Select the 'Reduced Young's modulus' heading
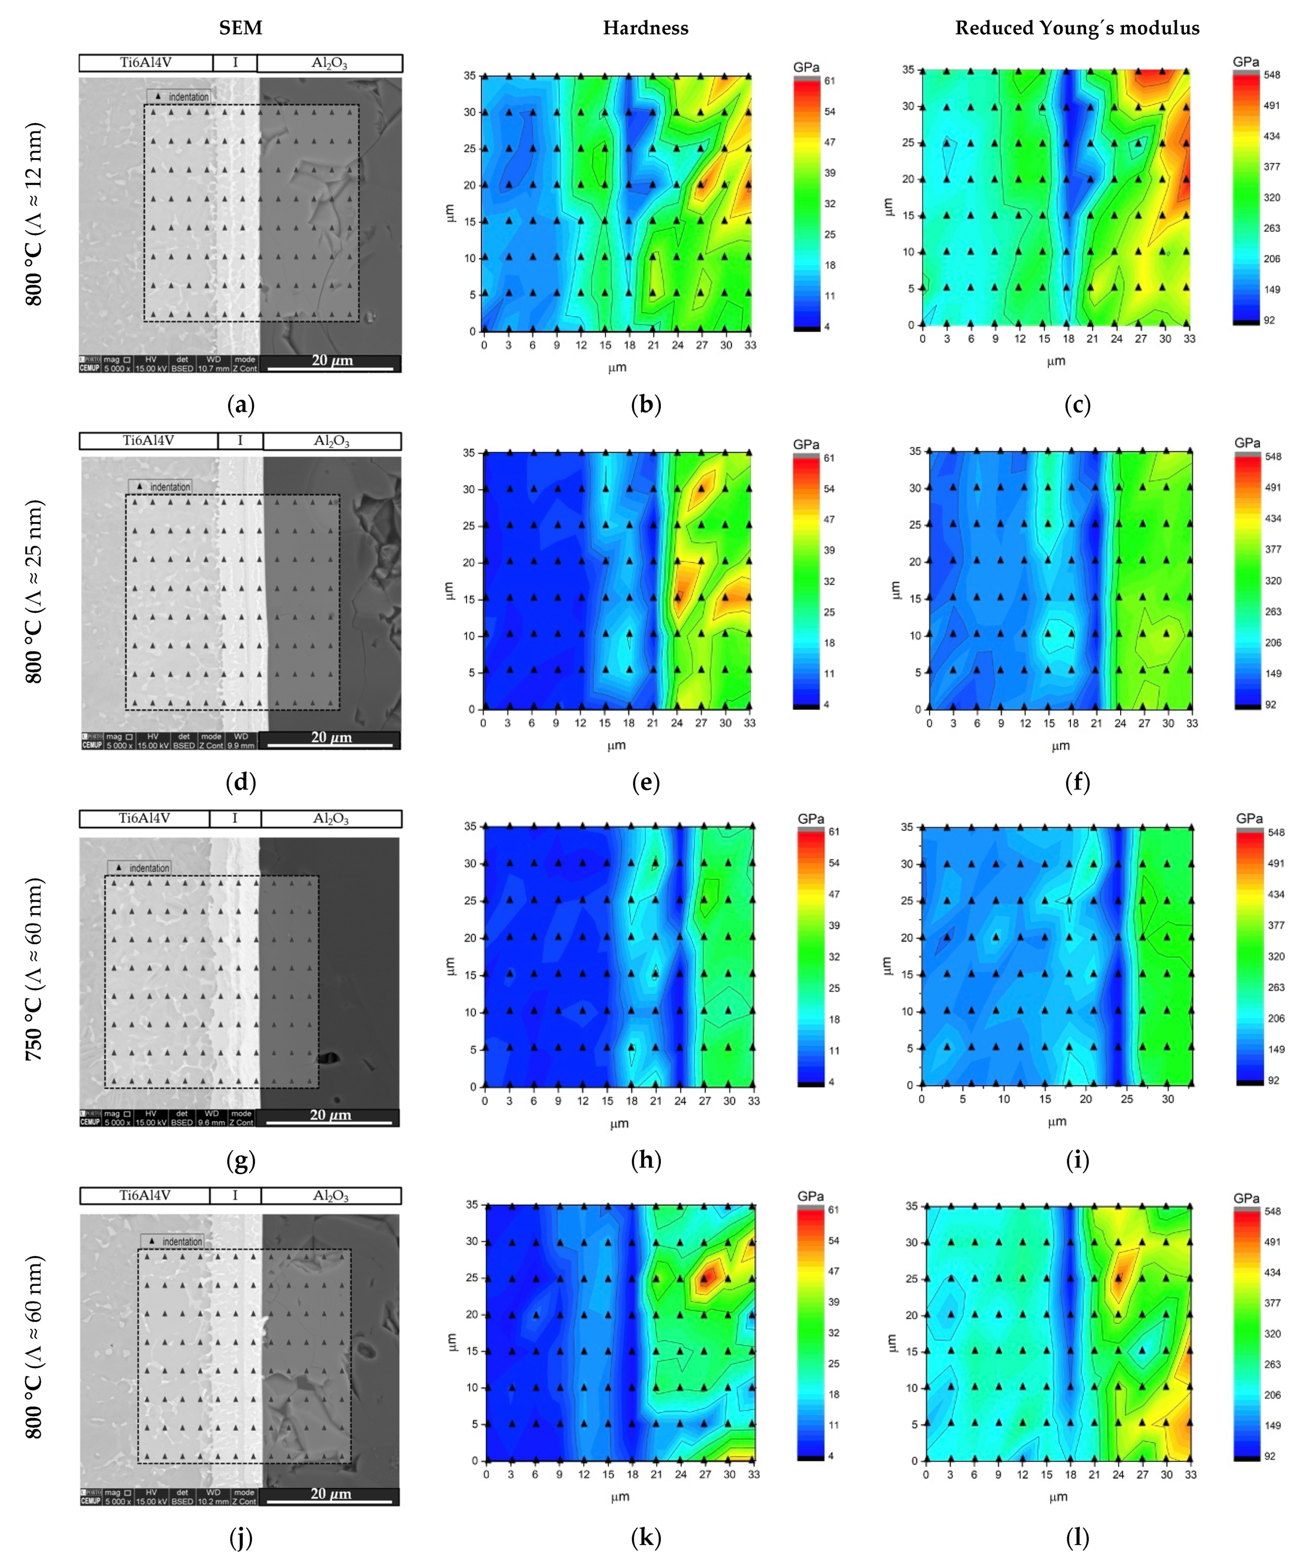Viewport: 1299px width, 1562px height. (x=1077, y=28)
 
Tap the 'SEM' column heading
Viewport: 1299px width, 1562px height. (x=240, y=28)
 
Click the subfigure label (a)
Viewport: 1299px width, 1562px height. (x=240, y=405)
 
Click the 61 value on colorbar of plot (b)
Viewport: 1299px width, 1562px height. (x=830, y=80)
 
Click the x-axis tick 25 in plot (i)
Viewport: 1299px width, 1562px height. (x=1126, y=1099)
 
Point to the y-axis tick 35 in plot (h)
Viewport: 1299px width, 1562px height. (x=470, y=827)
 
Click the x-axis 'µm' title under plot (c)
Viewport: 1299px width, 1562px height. (x=1056, y=361)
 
